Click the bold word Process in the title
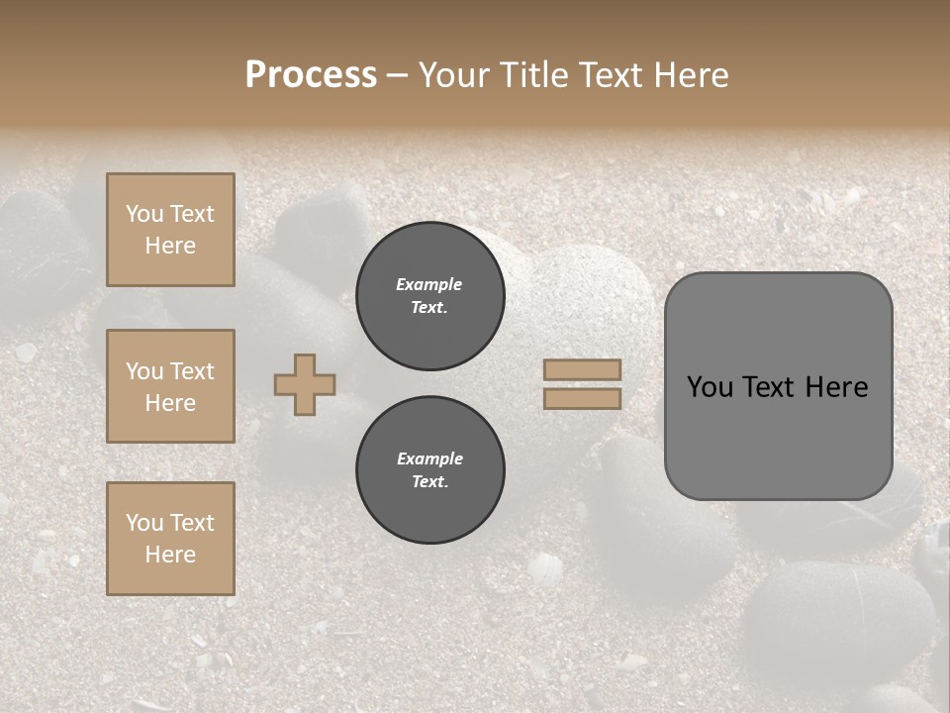[x=311, y=75]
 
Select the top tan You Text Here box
[x=170, y=230]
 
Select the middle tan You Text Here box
[x=170, y=386]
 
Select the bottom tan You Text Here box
[x=170, y=539]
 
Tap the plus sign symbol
[x=305, y=384]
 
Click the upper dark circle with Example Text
[x=430, y=296]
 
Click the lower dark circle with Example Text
[x=430, y=470]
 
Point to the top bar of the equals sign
[x=583, y=369]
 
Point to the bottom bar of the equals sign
[x=583, y=398]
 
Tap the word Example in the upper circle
[x=429, y=284]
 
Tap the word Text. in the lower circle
[x=429, y=482]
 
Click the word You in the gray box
[x=710, y=387]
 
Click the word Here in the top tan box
[x=170, y=246]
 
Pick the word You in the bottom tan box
[x=144, y=523]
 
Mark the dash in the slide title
[x=398, y=75]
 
